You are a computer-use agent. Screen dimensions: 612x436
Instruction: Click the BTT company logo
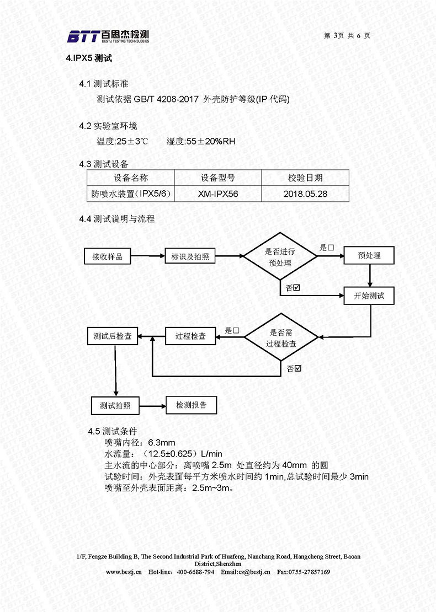(x=108, y=36)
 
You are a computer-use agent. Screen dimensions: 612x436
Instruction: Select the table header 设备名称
(x=131, y=178)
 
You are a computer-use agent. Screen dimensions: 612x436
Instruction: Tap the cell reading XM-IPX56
(x=218, y=194)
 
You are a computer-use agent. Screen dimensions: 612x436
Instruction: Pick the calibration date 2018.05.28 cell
(x=305, y=194)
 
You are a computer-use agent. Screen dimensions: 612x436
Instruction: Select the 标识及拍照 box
(x=190, y=256)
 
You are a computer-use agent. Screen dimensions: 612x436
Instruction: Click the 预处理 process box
(x=369, y=255)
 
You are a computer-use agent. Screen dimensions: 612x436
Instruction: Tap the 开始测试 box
(x=369, y=296)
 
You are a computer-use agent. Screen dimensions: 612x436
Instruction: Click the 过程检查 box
(x=190, y=336)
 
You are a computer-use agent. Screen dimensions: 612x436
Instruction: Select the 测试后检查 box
(x=112, y=336)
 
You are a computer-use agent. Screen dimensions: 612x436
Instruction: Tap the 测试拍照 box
(x=115, y=406)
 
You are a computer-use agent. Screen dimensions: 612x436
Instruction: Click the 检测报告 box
(x=191, y=405)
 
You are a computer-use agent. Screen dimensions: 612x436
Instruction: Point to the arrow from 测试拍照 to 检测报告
(x=152, y=406)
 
